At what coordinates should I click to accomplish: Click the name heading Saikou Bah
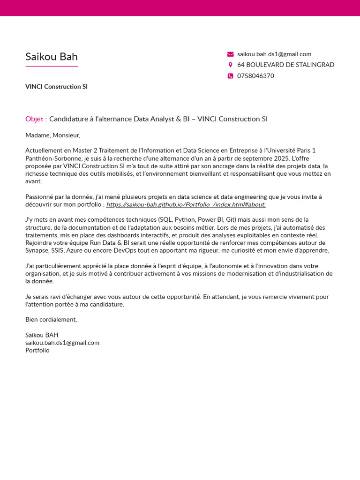pyautogui.click(x=52, y=57)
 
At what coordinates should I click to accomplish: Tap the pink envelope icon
pyautogui.click(x=230, y=54)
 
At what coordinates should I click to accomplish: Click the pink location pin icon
pyautogui.click(x=230, y=65)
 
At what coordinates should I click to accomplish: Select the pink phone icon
pyautogui.click(x=230, y=76)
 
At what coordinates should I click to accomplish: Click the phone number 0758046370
pyautogui.click(x=255, y=76)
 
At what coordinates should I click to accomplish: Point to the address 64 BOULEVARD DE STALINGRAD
pyautogui.click(x=285, y=65)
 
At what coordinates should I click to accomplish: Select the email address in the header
pyautogui.click(x=274, y=54)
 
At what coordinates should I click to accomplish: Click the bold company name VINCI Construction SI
pyautogui.click(x=56, y=87)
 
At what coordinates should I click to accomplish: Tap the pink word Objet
pyautogui.click(x=35, y=119)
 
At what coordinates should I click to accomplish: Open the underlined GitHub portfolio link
pyautogui.click(x=186, y=204)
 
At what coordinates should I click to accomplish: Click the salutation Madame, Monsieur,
pyautogui.click(x=52, y=135)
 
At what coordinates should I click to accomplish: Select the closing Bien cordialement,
pyautogui.click(x=51, y=320)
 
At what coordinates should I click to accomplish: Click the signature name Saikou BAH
pyautogui.click(x=42, y=335)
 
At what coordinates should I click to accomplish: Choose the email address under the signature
pyautogui.click(x=62, y=343)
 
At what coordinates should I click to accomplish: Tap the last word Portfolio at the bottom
pyautogui.click(x=37, y=350)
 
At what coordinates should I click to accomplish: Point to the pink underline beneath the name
pyautogui.click(x=52, y=67)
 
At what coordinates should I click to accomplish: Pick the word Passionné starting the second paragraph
pyautogui.click(x=40, y=197)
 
